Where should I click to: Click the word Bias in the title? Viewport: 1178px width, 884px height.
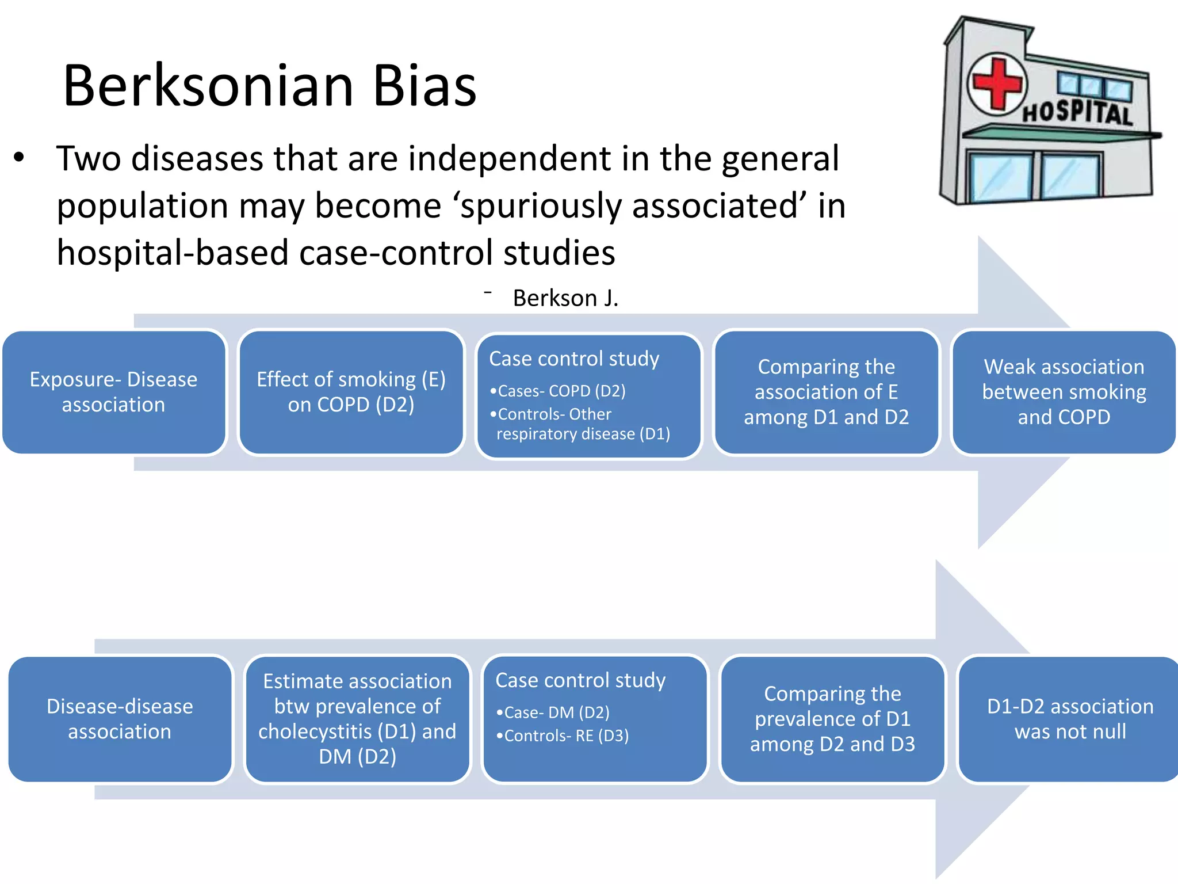pos(424,86)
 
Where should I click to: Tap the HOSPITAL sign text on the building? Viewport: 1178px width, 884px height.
pos(1077,112)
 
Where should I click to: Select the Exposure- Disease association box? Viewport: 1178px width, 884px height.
pos(113,392)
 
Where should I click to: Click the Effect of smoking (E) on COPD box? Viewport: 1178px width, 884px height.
pos(351,392)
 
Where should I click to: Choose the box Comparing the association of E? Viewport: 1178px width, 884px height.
pos(826,392)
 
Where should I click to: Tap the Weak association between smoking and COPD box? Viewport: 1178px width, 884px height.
pos(1064,392)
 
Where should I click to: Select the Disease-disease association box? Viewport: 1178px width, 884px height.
pos(120,719)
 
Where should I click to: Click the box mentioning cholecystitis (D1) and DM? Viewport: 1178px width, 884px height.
pos(357,719)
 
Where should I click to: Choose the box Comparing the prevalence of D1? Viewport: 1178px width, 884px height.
pos(832,719)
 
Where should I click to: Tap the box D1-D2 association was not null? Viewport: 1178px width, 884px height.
pos(1070,719)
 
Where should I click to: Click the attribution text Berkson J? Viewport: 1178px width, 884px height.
pos(565,298)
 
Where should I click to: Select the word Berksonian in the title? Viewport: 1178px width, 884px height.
pos(208,86)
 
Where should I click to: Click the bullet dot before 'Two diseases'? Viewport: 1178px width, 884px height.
pos(20,158)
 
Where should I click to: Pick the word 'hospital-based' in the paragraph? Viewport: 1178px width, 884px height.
pos(172,253)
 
